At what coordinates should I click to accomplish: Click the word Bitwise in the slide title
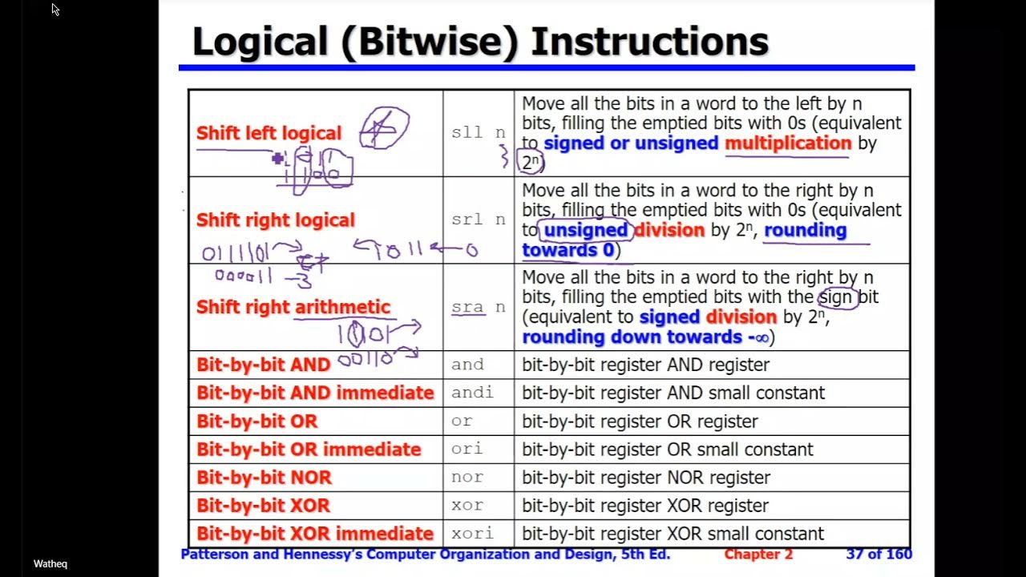pyautogui.click(x=433, y=42)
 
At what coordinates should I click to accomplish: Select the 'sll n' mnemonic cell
pyautogui.click(x=479, y=133)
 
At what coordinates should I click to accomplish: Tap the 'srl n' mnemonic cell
pyautogui.click(x=479, y=220)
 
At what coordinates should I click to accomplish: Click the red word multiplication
pyautogui.click(x=788, y=143)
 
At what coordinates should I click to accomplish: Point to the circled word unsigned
pyautogui.click(x=585, y=231)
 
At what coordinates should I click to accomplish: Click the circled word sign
pyautogui.click(x=836, y=297)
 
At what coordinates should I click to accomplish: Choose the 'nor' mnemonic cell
pyautogui.click(x=467, y=478)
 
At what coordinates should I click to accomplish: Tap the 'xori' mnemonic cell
pyautogui.click(x=472, y=534)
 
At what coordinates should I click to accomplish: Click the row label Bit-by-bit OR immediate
pyautogui.click(x=309, y=450)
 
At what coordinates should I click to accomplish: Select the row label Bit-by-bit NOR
pyautogui.click(x=264, y=478)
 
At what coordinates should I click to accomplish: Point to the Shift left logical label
pyautogui.click(x=269, y=133)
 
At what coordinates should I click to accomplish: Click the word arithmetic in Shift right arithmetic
pyautogui.click(x=342, y=307)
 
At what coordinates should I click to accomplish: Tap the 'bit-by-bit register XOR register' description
pyautogui.click(x=645, y=506)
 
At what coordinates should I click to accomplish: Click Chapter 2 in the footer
pyautogui.click(x=758, y=555)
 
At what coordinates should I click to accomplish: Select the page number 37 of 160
pyautogui.click(x=879, y=555)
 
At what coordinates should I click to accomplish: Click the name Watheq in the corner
pyautogui.click(x=50, y=564)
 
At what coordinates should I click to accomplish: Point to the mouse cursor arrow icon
pyautogui.click(x=55, y=10)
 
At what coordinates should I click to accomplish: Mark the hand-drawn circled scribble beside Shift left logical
pyautogui.click(x=385, y=128)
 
